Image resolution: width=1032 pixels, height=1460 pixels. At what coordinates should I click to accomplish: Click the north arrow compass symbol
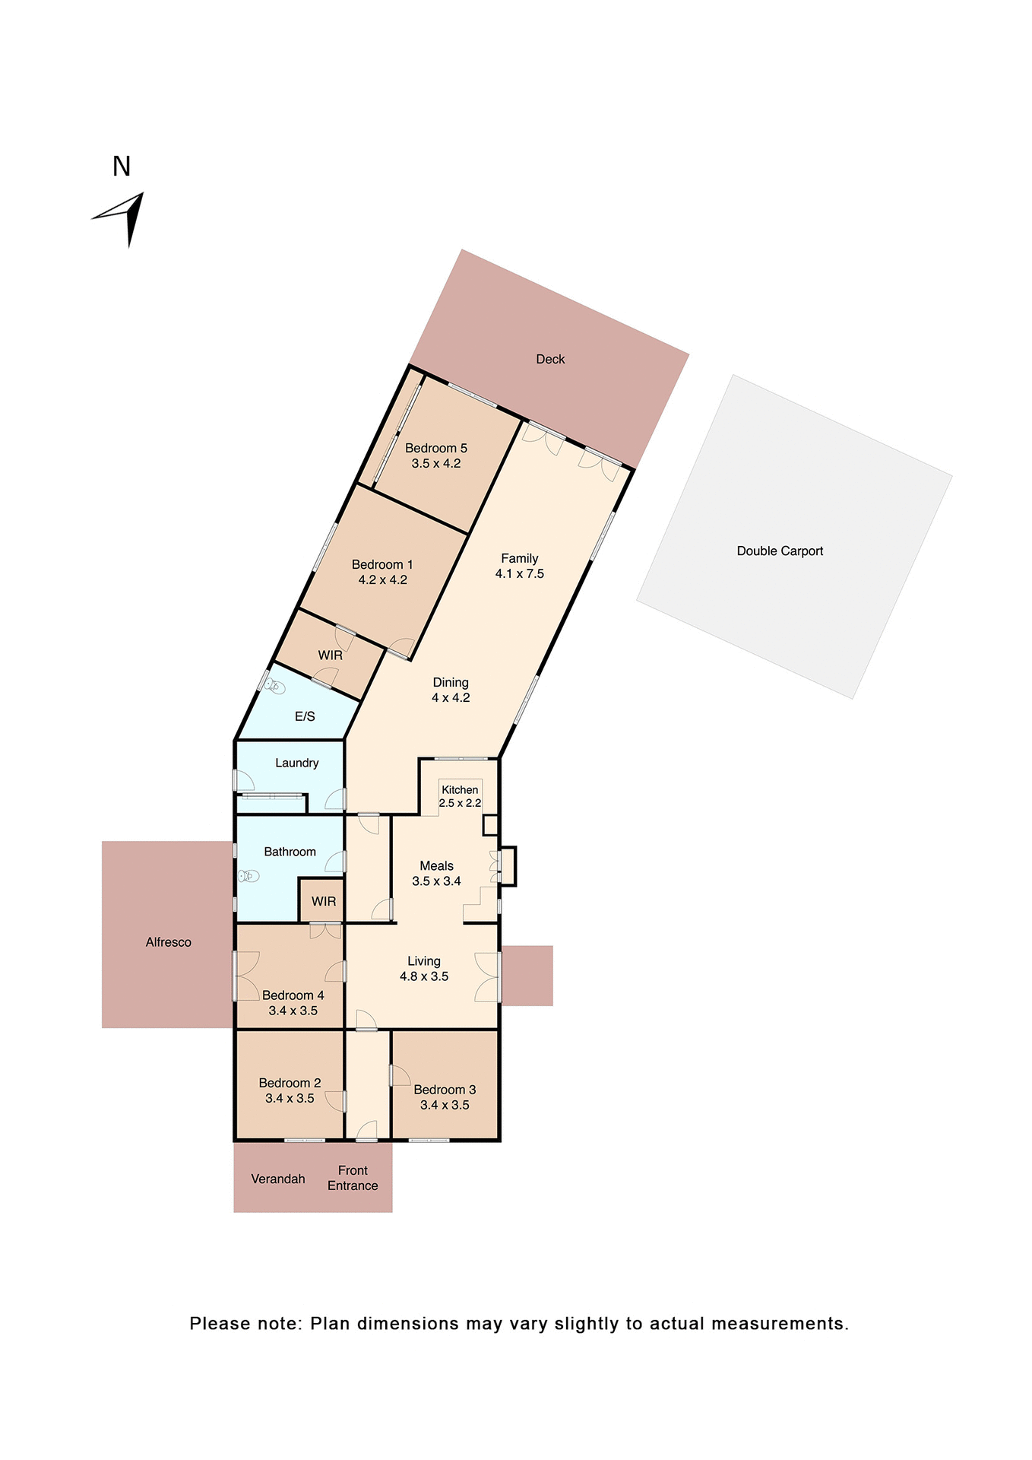123,217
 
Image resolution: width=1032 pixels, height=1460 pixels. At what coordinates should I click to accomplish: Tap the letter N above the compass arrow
122,167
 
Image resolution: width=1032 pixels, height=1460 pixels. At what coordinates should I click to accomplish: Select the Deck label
550,359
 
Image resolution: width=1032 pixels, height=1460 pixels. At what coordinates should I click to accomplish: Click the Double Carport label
780,551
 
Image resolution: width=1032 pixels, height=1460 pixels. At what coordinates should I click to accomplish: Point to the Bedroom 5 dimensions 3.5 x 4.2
436,463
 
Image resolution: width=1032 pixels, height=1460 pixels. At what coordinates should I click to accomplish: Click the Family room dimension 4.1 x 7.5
520,574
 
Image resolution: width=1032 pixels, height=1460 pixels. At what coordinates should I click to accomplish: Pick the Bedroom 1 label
382,564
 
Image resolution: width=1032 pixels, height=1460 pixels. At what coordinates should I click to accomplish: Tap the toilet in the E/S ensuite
274,687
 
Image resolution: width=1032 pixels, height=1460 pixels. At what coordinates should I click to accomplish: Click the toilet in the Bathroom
249,876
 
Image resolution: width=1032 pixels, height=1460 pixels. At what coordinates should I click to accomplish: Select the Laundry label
296,763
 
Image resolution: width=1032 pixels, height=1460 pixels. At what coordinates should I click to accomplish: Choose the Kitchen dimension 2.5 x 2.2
460,803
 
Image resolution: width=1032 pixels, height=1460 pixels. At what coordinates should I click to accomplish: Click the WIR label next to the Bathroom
324,901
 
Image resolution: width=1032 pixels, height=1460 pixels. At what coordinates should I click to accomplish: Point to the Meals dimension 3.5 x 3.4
436,881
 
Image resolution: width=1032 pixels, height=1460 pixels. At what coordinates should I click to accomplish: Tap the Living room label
423,961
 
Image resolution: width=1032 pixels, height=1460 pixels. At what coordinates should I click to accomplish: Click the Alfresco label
168,942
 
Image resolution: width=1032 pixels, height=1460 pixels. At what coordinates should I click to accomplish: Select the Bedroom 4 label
293,995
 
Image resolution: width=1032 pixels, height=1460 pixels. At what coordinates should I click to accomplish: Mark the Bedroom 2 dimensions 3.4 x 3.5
290,1098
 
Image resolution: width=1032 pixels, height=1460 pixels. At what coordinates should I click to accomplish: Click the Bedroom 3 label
445,1090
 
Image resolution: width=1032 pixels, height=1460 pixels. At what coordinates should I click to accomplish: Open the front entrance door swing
367,1131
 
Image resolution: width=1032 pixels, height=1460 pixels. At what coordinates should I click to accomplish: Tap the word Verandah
278,1179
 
